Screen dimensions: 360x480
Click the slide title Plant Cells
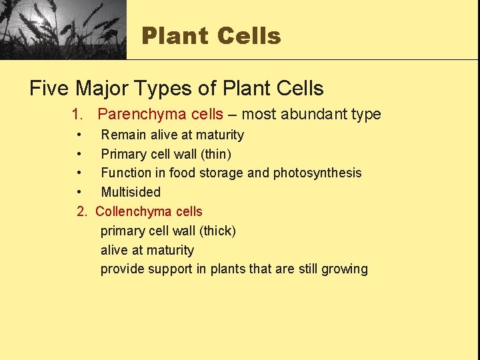[211, 35]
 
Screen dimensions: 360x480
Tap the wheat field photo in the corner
[63, 29]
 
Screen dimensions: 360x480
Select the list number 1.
[77, 114]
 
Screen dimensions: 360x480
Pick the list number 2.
[81, 211]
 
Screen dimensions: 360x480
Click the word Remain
[124, 135]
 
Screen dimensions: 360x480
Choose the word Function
[126, 173]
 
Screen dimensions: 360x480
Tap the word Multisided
[131, 192]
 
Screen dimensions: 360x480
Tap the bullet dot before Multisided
[80, 192]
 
